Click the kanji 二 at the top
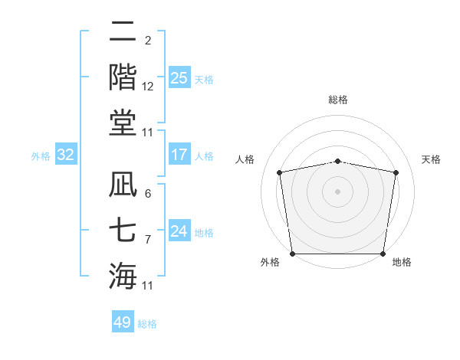(x=123, y=31)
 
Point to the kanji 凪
(x=123, y=184)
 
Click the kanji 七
(x=123, y=229)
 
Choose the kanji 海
(x=123, y=275)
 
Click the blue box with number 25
(x=179, y=78)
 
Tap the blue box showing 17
(x=179, y=155)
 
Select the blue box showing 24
(x=179, y=231)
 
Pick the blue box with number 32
(x=66, y=155)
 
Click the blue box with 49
(x=123, y=322)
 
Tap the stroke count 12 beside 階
(x=148, y=87)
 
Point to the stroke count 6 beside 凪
(x=147, y=194)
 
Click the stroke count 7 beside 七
(x=147, y=239)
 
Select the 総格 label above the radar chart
(x=338, y=100)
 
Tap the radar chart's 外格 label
(x=269, y=262)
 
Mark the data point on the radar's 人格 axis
(x=280, y=172)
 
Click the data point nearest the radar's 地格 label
(x=383, y=254)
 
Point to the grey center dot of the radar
(x=338, y=191)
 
